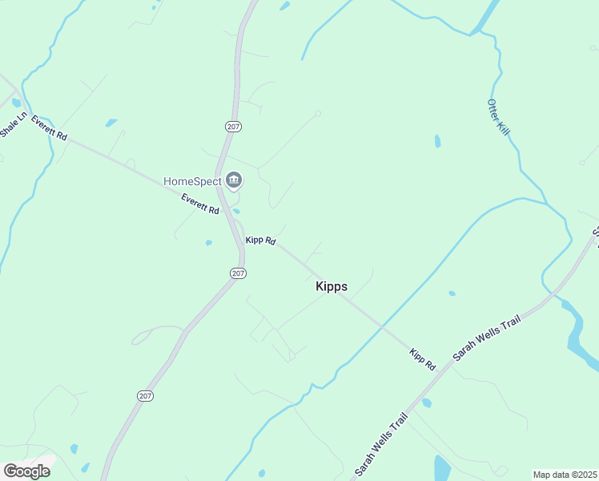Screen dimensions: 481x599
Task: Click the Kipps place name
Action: (332, 286)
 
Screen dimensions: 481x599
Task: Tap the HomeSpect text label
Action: (192, 181)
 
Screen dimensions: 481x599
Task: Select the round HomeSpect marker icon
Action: (234, 180)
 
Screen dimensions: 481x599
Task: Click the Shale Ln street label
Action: (14, 124)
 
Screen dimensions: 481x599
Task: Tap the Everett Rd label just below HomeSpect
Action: (200, 204)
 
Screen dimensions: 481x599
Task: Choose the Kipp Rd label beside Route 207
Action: (261, 240)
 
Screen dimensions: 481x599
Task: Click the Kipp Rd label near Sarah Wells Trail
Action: (422, 359)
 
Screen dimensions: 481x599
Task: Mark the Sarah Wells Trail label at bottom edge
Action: (380, 445)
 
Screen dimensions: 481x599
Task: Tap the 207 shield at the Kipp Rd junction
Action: (238, 273)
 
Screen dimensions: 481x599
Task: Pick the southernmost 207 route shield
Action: (145, 396)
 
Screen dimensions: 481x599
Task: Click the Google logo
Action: (27, 471)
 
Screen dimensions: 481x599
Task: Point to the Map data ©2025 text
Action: (564, 475)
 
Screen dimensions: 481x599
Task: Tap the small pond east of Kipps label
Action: (452, 293)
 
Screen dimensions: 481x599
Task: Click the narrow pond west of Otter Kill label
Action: (437, 142)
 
